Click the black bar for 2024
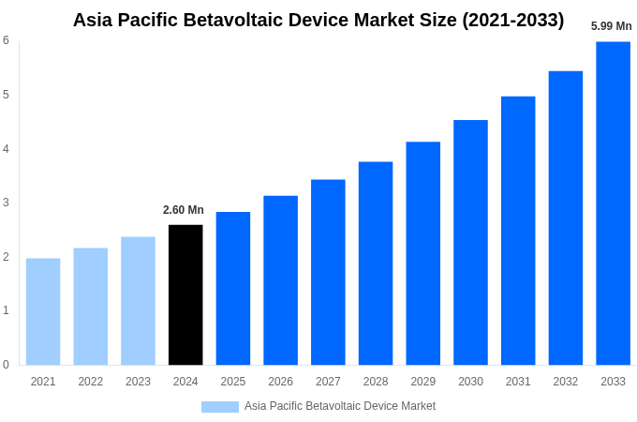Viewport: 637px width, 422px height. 185,294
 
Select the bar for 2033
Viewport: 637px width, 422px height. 613,203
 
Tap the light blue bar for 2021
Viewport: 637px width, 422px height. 43,311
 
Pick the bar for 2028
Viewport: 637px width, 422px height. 376,263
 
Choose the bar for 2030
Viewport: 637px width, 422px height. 470,242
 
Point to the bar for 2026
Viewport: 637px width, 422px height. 280,279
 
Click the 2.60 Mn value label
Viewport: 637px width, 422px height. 184,210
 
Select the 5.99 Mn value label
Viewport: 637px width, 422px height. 611,26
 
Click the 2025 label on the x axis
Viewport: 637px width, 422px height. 233,382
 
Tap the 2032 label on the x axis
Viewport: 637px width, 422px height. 565,382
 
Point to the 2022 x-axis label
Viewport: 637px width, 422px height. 91,382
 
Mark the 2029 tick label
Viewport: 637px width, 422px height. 422,382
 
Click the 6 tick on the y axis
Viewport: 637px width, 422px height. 6,40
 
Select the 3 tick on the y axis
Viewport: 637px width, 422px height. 6,203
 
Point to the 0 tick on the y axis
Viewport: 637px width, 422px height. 6,365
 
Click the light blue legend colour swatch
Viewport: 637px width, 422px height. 220,406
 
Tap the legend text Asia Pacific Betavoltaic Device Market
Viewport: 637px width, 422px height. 340,406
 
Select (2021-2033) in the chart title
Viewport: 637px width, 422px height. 512,20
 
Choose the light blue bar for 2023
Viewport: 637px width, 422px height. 138,300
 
